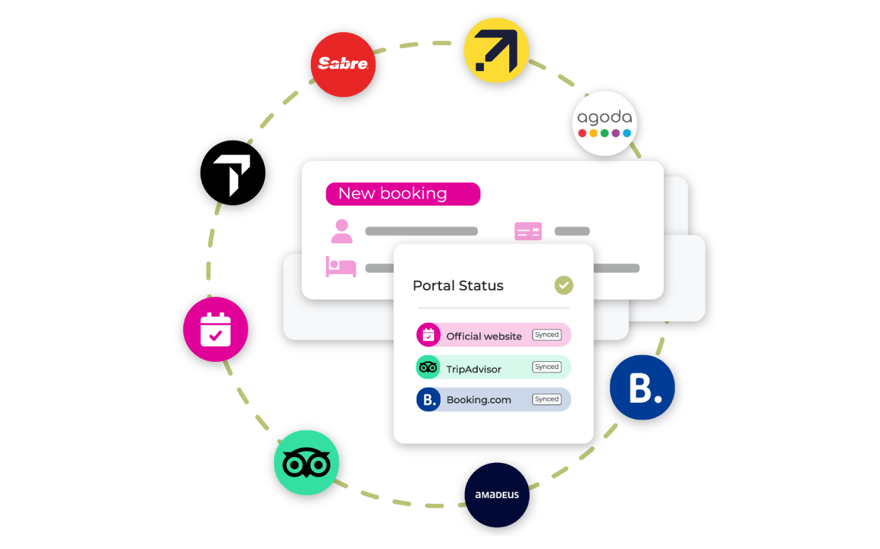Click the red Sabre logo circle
343,65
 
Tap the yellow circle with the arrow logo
496,50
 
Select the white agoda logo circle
605,123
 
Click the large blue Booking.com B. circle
642,388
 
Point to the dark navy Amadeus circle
497,495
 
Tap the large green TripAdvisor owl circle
307,463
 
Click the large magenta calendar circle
216,329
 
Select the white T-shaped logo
233,173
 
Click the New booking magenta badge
403,194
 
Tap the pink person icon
342,231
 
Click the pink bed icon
341,266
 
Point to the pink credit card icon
528,231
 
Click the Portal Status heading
458,286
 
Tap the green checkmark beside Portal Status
564,285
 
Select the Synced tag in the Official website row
547,335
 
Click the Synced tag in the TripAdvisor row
547,367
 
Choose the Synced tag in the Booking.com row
547,399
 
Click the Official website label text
484,336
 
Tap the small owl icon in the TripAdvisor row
428,367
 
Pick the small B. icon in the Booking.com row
428,400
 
